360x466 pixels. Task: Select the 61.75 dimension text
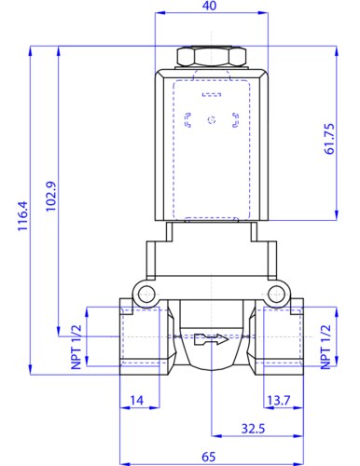329,139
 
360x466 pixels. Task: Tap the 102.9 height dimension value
51,197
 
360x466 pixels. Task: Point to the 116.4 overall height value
22,216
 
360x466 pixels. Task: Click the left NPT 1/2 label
76,347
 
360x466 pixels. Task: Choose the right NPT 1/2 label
325,347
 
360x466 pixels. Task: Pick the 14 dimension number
137,400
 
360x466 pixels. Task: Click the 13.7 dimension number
279,400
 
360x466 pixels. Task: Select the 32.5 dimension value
253,429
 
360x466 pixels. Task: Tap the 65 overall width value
209,457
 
